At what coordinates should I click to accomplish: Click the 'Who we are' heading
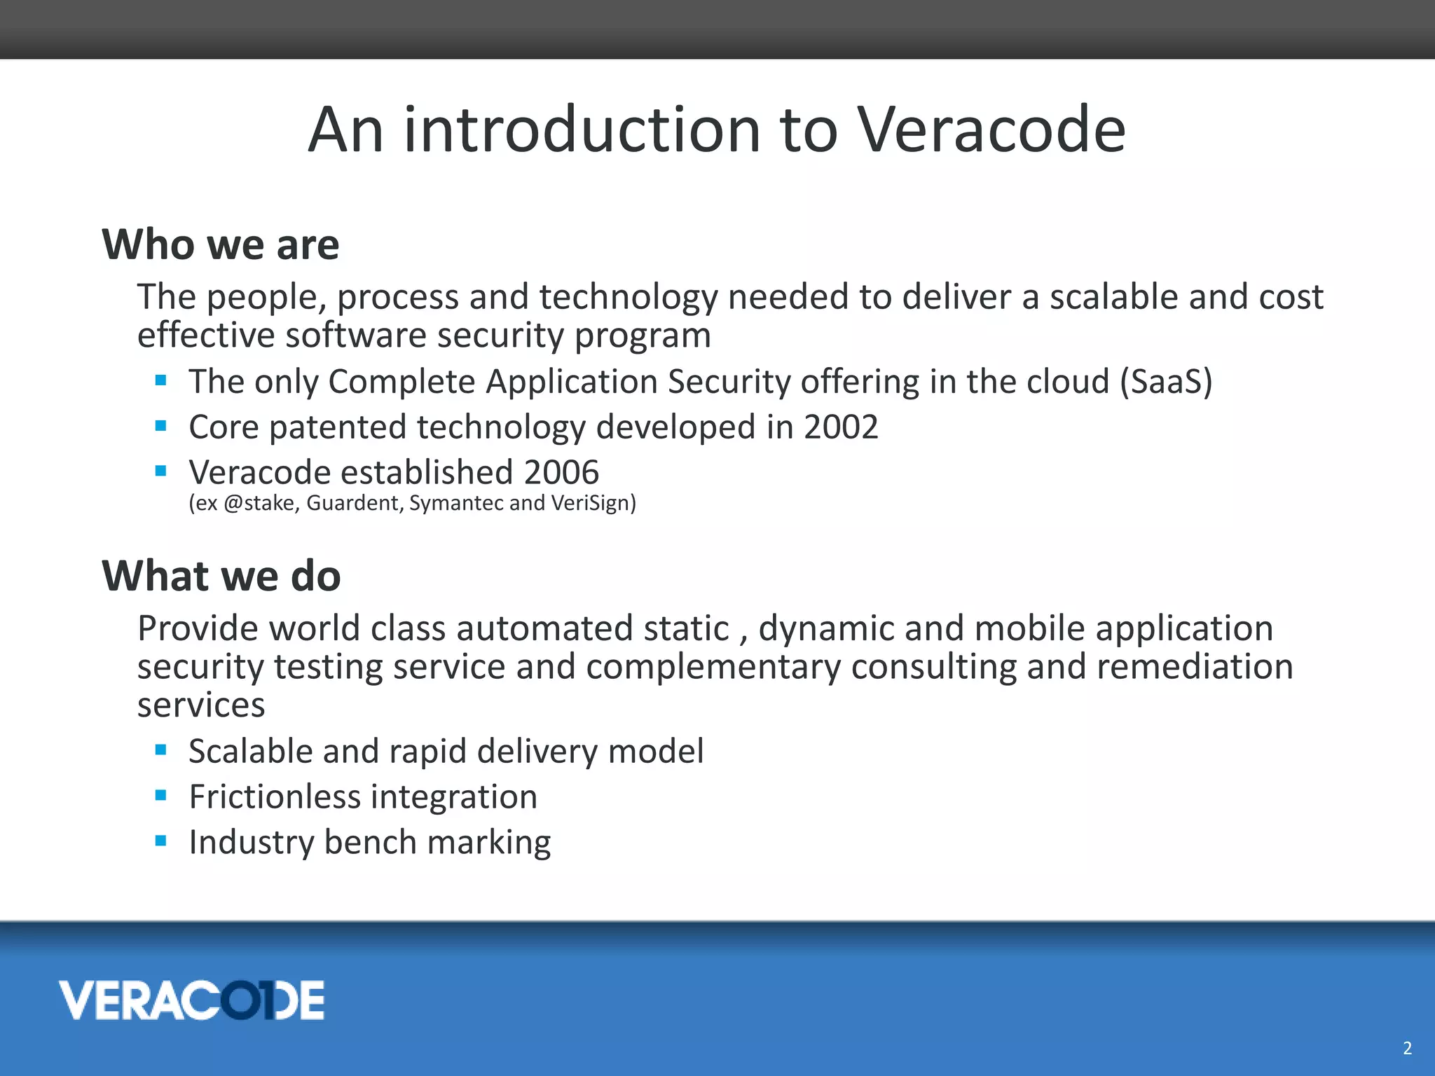(221, 244)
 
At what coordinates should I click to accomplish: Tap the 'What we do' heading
(221, 576)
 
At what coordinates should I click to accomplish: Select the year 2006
(561, 472)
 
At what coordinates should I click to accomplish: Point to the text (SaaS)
(1166, 382)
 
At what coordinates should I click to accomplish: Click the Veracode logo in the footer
(191, 1000)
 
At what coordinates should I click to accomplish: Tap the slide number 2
(1407, 1048)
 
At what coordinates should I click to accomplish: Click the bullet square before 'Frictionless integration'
(161, 795)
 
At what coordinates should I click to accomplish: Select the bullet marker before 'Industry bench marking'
(161, 841)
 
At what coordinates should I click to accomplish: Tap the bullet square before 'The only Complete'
(161, 380)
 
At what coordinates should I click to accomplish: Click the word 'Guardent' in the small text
(355, 503)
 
